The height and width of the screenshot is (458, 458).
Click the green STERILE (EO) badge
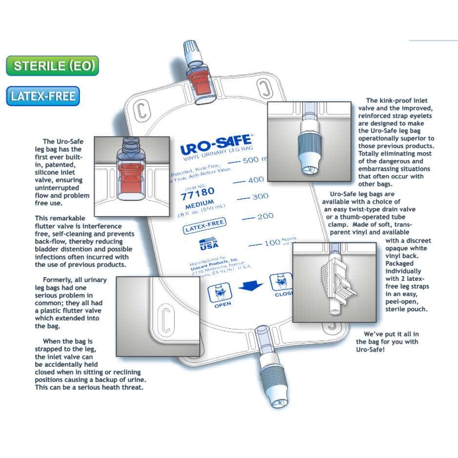pyautogui.click(x=53, y=66)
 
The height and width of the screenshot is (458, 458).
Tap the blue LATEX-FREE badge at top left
pyautogui.click(x=43, y=96)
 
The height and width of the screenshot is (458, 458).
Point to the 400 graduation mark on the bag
pyautogui.click(x=256, y=179)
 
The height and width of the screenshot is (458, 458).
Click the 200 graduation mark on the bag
pyautogui.click(x=265, y=216)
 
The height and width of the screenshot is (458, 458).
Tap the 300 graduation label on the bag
pyautogui.click(x=260, y=197)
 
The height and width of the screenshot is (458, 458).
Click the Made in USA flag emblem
pyautogui.click(x=209, y=244)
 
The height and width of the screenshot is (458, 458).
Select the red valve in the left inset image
pyautogui.click(x=131, y=180)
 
